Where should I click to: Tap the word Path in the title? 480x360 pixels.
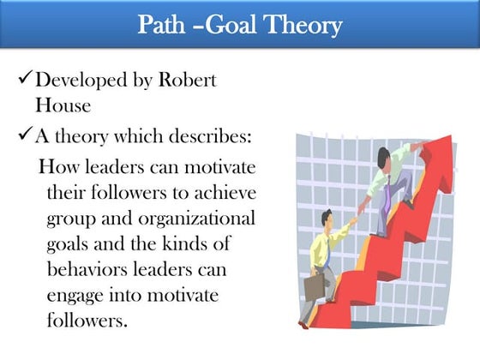(x=164, y=26)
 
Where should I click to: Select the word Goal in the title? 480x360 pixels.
(x=227, y=26)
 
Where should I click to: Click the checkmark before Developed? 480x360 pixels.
(x=23, y=82)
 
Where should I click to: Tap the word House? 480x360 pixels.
(x=60, y=109)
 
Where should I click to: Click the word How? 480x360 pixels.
(x=60, y=165)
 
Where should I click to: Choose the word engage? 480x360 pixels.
(x=78, y=296)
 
